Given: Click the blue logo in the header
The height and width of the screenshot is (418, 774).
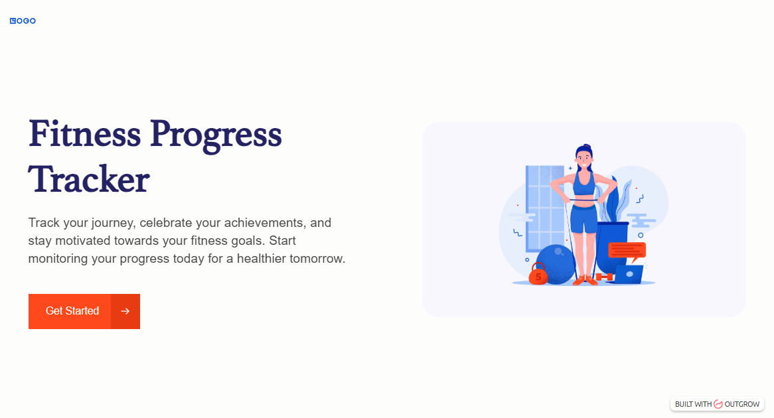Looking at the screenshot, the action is pyautogui.click(x=23, y=21).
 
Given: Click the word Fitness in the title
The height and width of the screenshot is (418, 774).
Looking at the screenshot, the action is pyautogui.click(x=84, y=134).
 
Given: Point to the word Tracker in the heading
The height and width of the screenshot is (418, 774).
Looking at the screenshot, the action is pyautogui.click(x=89, y=179).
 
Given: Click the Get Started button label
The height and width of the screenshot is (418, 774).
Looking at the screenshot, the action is pyautogui.click(x=72, y=311).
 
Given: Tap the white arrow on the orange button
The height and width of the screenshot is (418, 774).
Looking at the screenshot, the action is pyautogui.click(x=125, y=311).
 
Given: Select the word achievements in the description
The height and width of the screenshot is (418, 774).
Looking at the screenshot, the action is pyautogui.click(x=264, y=222).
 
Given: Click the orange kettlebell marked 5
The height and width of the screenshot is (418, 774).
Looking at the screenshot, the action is pyautogui.click(x=538, y=275).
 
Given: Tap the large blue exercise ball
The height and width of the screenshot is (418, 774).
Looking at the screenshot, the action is pyautogui.click(x=556, y=264).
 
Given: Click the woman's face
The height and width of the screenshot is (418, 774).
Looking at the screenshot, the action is pyautogui.click(x=584, y=159).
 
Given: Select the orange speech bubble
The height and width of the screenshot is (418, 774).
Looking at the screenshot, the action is pyautogui.click(x=627, y=251).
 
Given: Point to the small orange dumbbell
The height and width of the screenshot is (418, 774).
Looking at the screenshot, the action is pyautogui.click(x=603, y=277).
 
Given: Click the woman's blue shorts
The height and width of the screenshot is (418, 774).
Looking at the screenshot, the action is pyautogui.click(x=584, y=218).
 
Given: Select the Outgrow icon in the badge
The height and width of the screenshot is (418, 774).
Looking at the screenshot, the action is pyautogui.click(x=718, y=404).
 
